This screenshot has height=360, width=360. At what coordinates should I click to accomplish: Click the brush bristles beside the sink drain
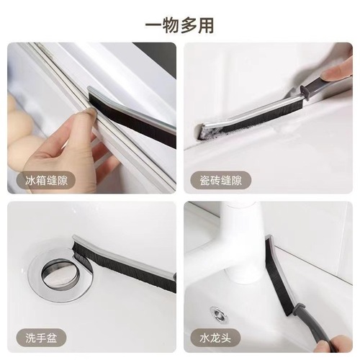[x=122, y=263]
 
